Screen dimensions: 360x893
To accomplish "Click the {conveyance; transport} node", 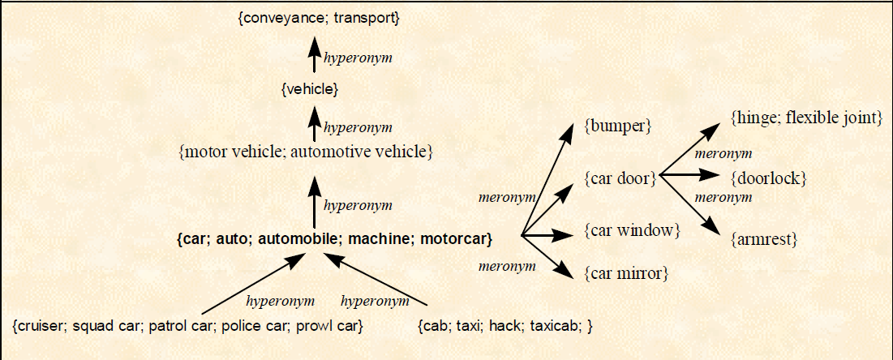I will tap(319, 16).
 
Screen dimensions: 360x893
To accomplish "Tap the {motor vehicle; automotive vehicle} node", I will tap(305, 151).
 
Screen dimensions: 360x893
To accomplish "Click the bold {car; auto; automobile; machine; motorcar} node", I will tap(335, 238).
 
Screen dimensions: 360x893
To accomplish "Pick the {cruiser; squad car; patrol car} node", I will tap(187, 326).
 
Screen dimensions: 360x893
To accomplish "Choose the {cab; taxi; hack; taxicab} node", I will tap(505, 326).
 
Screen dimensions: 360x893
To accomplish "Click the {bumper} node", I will tap(618, 126).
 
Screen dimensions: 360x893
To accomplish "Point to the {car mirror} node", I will tap(626, 273).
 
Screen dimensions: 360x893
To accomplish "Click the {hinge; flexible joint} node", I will tap(806, 118).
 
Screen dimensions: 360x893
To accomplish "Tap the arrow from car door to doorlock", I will tap(689, 175).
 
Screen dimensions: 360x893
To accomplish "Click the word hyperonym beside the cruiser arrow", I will tap(280, 302).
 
